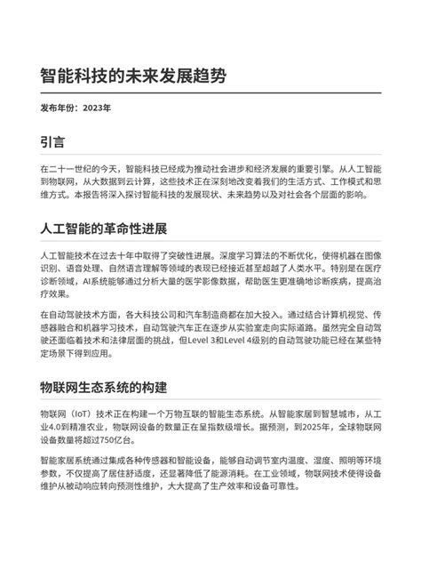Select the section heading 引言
[52, 142]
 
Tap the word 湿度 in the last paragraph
[297, 463]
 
